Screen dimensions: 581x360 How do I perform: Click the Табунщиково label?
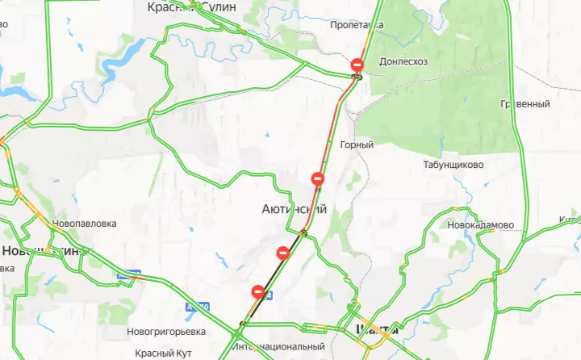[x=453, y=165]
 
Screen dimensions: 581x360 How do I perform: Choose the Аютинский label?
[x=294, y=209]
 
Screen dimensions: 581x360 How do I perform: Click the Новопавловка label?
[x=84, y=224]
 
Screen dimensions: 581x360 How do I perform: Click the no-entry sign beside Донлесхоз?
[x=358, y=64]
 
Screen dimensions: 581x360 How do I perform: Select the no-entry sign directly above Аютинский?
[x=318, y=178]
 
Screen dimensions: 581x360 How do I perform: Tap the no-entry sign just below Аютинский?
[x=283, y=253]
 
